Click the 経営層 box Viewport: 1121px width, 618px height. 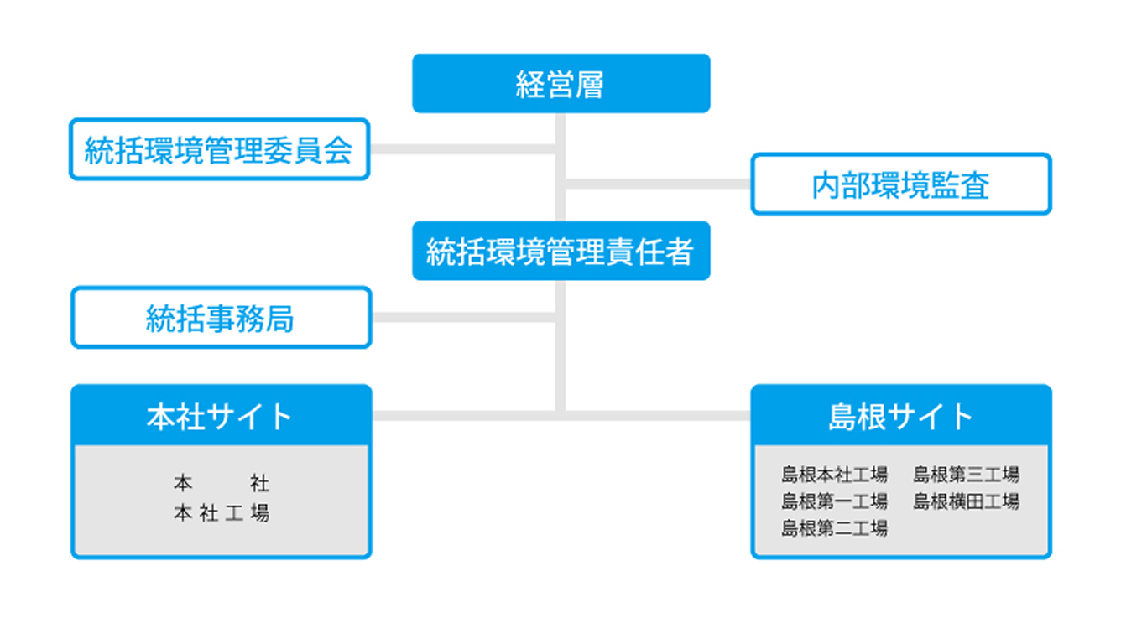click(560, 84)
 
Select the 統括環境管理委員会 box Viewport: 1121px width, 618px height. click(219, 150)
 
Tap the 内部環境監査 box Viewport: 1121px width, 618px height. click(900, 184)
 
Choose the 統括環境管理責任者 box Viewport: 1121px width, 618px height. click(560, 251)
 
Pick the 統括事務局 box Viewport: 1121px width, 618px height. click(221, 318)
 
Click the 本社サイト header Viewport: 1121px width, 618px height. click(221, 416)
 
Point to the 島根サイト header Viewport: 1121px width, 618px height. click(900, 416)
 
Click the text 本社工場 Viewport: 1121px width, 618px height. click(222, 513)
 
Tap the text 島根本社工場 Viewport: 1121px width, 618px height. click(834, 475)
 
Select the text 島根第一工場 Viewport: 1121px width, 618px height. click(834, 502)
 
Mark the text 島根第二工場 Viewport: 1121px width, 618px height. click(834, 528)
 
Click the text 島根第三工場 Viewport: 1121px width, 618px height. click(966, 475)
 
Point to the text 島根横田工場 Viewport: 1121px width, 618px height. click(966, 502)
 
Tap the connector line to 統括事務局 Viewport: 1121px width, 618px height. click(464, 318)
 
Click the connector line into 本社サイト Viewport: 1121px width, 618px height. click(464, 416)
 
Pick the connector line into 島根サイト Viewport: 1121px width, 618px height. click(659, 416)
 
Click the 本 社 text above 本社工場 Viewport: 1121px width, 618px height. click(222, 484)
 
